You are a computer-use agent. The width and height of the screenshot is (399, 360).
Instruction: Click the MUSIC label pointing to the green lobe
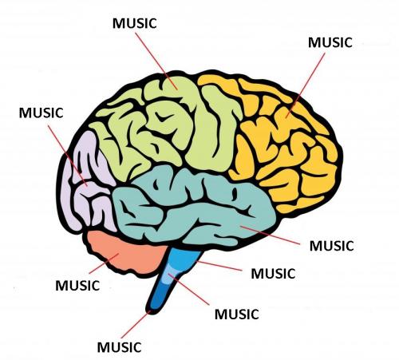[x=135, y=23]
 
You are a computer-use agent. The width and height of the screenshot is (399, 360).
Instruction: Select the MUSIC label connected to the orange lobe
[x=330, y=42]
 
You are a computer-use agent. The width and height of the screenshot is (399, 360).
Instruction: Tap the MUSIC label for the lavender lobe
[x=41, y=113]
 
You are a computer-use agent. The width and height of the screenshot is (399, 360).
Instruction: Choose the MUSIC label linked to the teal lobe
[x=332, y=246]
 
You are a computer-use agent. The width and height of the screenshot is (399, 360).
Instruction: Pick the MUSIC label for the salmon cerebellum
[x=77, y=286]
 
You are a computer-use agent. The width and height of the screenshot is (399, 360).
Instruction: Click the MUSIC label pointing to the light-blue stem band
[x=237, y=315]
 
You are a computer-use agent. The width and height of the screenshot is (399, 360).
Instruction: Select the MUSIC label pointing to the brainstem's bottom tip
[x=119, y=347]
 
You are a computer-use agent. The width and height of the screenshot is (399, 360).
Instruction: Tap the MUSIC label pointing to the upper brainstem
[x=273, y=274]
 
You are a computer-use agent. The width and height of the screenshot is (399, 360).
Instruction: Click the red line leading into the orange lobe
[x=306, y=85]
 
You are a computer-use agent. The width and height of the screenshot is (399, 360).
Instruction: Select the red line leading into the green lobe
[x=156, y=61]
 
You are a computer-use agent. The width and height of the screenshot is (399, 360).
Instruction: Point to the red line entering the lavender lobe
[x=68, y=156]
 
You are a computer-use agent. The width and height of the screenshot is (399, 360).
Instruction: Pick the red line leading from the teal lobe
[x=270, y=235]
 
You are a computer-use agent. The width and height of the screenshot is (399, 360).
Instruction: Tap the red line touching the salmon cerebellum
[x=104, y=263]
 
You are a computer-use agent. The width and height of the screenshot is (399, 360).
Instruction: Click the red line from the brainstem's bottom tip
[x=136, y=324]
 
